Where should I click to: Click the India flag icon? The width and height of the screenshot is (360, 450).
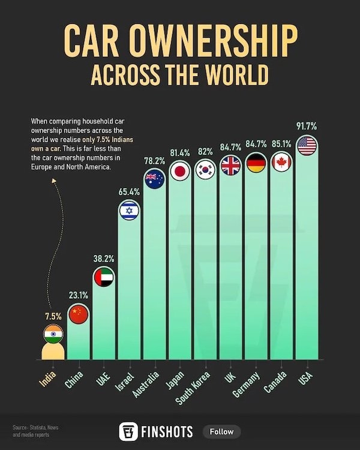pyautogui.click(x=53, y=334)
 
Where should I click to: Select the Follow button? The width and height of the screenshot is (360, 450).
pyautogui.click(x=222, y=431)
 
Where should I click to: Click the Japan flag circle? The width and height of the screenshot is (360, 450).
pyautogui.click(x=180, y=171)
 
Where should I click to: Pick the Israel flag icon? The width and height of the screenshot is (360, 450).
pyautogui.click(x=129, y=210)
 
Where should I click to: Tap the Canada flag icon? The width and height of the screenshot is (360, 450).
pyautogui.click(x=281, y=162)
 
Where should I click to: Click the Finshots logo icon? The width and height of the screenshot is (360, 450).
pyautogui.click(x=127, y=431)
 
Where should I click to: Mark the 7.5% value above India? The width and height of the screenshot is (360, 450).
pyautogui.click(x=52, y=316)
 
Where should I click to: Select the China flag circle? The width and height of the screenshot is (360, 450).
pyautogui.click(x=78, y=313)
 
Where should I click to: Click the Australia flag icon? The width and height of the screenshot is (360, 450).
pyautogui.click(x=154, y=179)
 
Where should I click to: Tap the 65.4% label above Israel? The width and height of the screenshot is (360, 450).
pyautogui.click(x=129, y=191)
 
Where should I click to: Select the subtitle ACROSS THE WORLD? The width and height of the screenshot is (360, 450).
pyautogui.click(x=179, y=76)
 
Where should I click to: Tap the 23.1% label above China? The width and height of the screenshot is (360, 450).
pyautogui.click(x=78, y=295)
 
